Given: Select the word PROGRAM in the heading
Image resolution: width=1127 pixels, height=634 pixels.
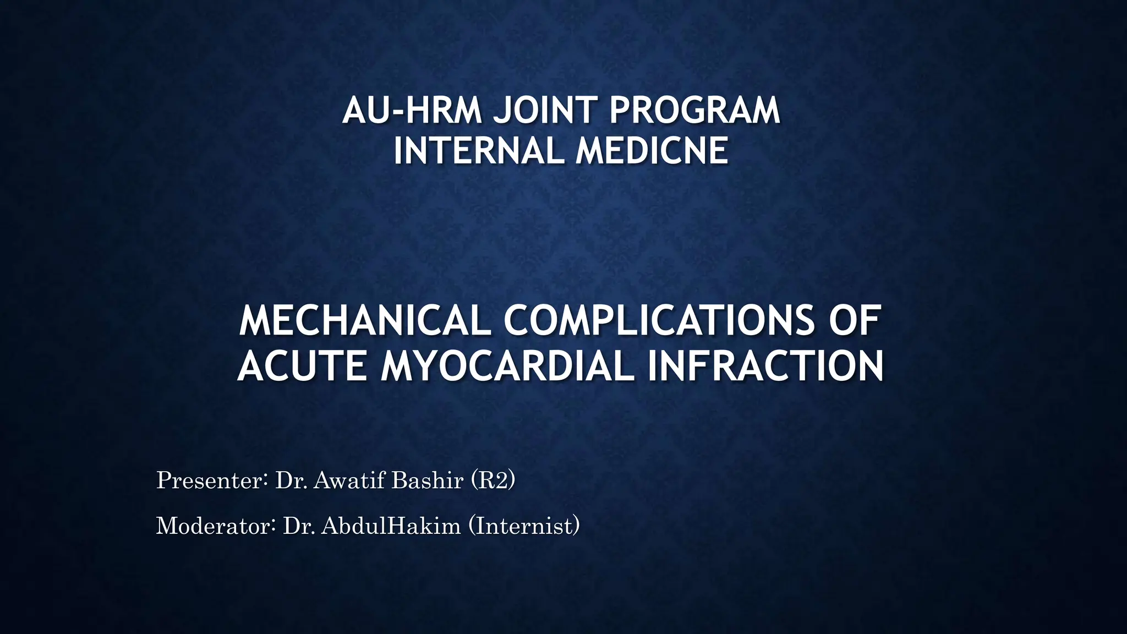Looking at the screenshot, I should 694,110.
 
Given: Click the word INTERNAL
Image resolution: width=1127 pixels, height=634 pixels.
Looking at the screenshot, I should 478,151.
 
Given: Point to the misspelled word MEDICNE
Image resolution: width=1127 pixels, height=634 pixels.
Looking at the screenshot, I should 652,151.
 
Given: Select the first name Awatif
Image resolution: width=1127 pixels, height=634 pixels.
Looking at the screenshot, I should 351,480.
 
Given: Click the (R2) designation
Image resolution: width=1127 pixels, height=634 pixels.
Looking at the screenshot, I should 493,480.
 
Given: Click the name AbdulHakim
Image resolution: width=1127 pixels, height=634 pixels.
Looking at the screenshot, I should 391,526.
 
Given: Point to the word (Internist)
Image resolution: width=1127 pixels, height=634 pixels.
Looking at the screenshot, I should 524,526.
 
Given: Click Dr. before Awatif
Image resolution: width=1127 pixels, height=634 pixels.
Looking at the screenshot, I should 291,480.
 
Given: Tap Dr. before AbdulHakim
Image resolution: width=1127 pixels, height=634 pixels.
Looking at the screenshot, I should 299,526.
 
